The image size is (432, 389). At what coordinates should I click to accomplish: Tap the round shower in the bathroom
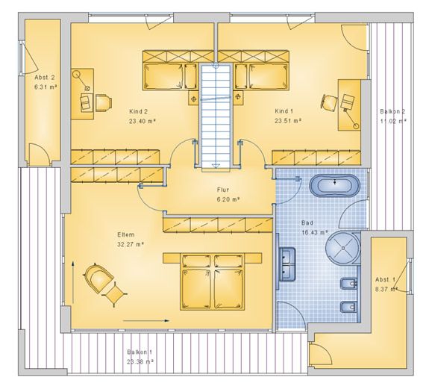click(342, 248)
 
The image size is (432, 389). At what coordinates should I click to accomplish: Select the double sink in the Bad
click(287, 264)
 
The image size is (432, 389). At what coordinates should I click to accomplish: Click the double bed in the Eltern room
click(212, 281)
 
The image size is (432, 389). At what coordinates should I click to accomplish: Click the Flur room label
click(222, 190)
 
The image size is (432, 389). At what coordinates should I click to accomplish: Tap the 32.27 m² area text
click(131, 244)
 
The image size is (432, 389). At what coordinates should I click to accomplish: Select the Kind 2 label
click(138, 111)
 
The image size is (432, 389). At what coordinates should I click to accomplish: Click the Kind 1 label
click(284, 111)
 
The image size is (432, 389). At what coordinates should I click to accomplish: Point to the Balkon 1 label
click(140, 352)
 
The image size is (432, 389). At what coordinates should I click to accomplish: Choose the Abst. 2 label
click(45, 78)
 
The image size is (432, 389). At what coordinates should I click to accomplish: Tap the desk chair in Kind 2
click(104, 103)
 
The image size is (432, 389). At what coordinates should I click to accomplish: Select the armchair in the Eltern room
click(98, 278)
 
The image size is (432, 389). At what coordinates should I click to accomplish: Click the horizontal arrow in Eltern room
click(146, 320)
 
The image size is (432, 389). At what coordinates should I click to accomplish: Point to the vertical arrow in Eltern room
click(73, 282)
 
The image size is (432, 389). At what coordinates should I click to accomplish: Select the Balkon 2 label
click(392, 112)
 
